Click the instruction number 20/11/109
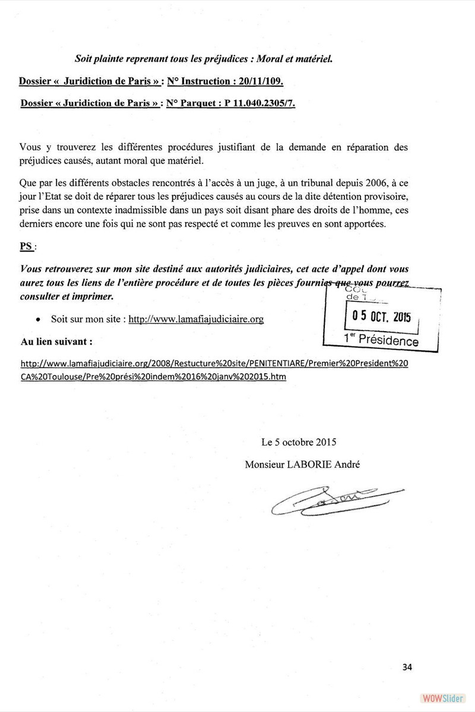(x=261, y=81)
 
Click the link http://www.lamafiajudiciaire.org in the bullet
(x=196, y=319)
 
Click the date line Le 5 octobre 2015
(x=299, y=442)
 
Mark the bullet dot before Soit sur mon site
(x=38, y=319)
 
